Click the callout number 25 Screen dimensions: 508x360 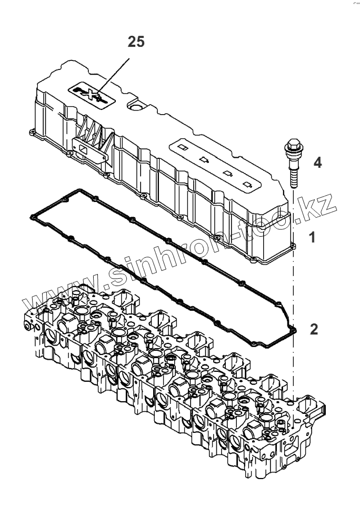point(136,42)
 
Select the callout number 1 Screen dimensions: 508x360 point(313,238)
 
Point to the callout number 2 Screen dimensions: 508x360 point(314,330)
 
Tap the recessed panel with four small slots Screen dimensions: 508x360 point(216,163)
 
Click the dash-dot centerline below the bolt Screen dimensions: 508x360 point(291,294)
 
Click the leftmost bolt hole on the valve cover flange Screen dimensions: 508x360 point(33,129)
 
